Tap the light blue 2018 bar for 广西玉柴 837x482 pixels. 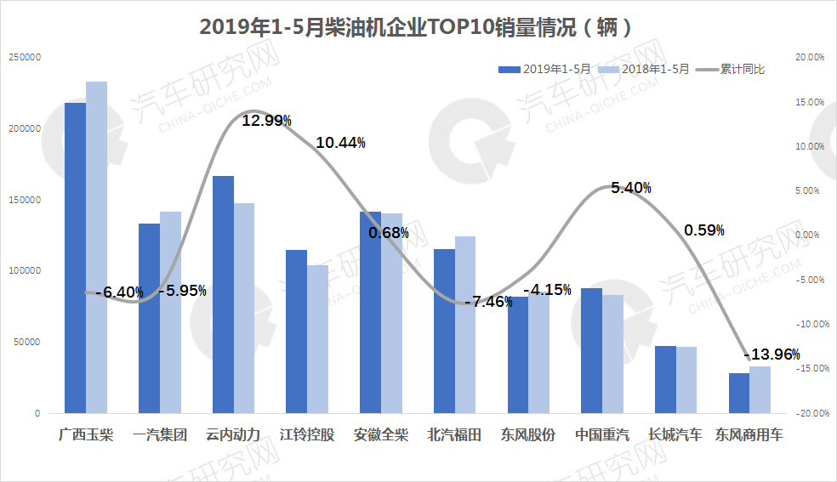coord(97,247)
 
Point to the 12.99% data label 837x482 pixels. coord(267,121)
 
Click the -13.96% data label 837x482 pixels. coord(772,354)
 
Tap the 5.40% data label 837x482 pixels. coord(631,188)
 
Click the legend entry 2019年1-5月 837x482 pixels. coord(545,69)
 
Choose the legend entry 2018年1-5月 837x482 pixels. coord(644,69)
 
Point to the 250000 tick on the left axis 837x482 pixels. coord(25,58)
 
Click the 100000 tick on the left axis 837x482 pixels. coord(25,271)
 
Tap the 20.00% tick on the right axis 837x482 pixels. coord(807,58)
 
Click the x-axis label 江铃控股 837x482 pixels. coord(307,435)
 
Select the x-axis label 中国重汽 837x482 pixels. coord(602,435)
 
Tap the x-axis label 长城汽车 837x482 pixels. coord(675,435)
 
